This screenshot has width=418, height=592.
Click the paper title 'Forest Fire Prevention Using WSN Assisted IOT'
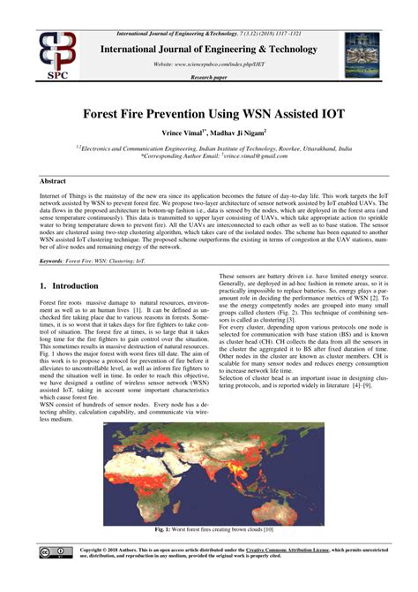[208, 115]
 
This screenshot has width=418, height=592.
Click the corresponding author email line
[208, 156]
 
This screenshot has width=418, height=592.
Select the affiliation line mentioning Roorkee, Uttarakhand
[208, 148]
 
